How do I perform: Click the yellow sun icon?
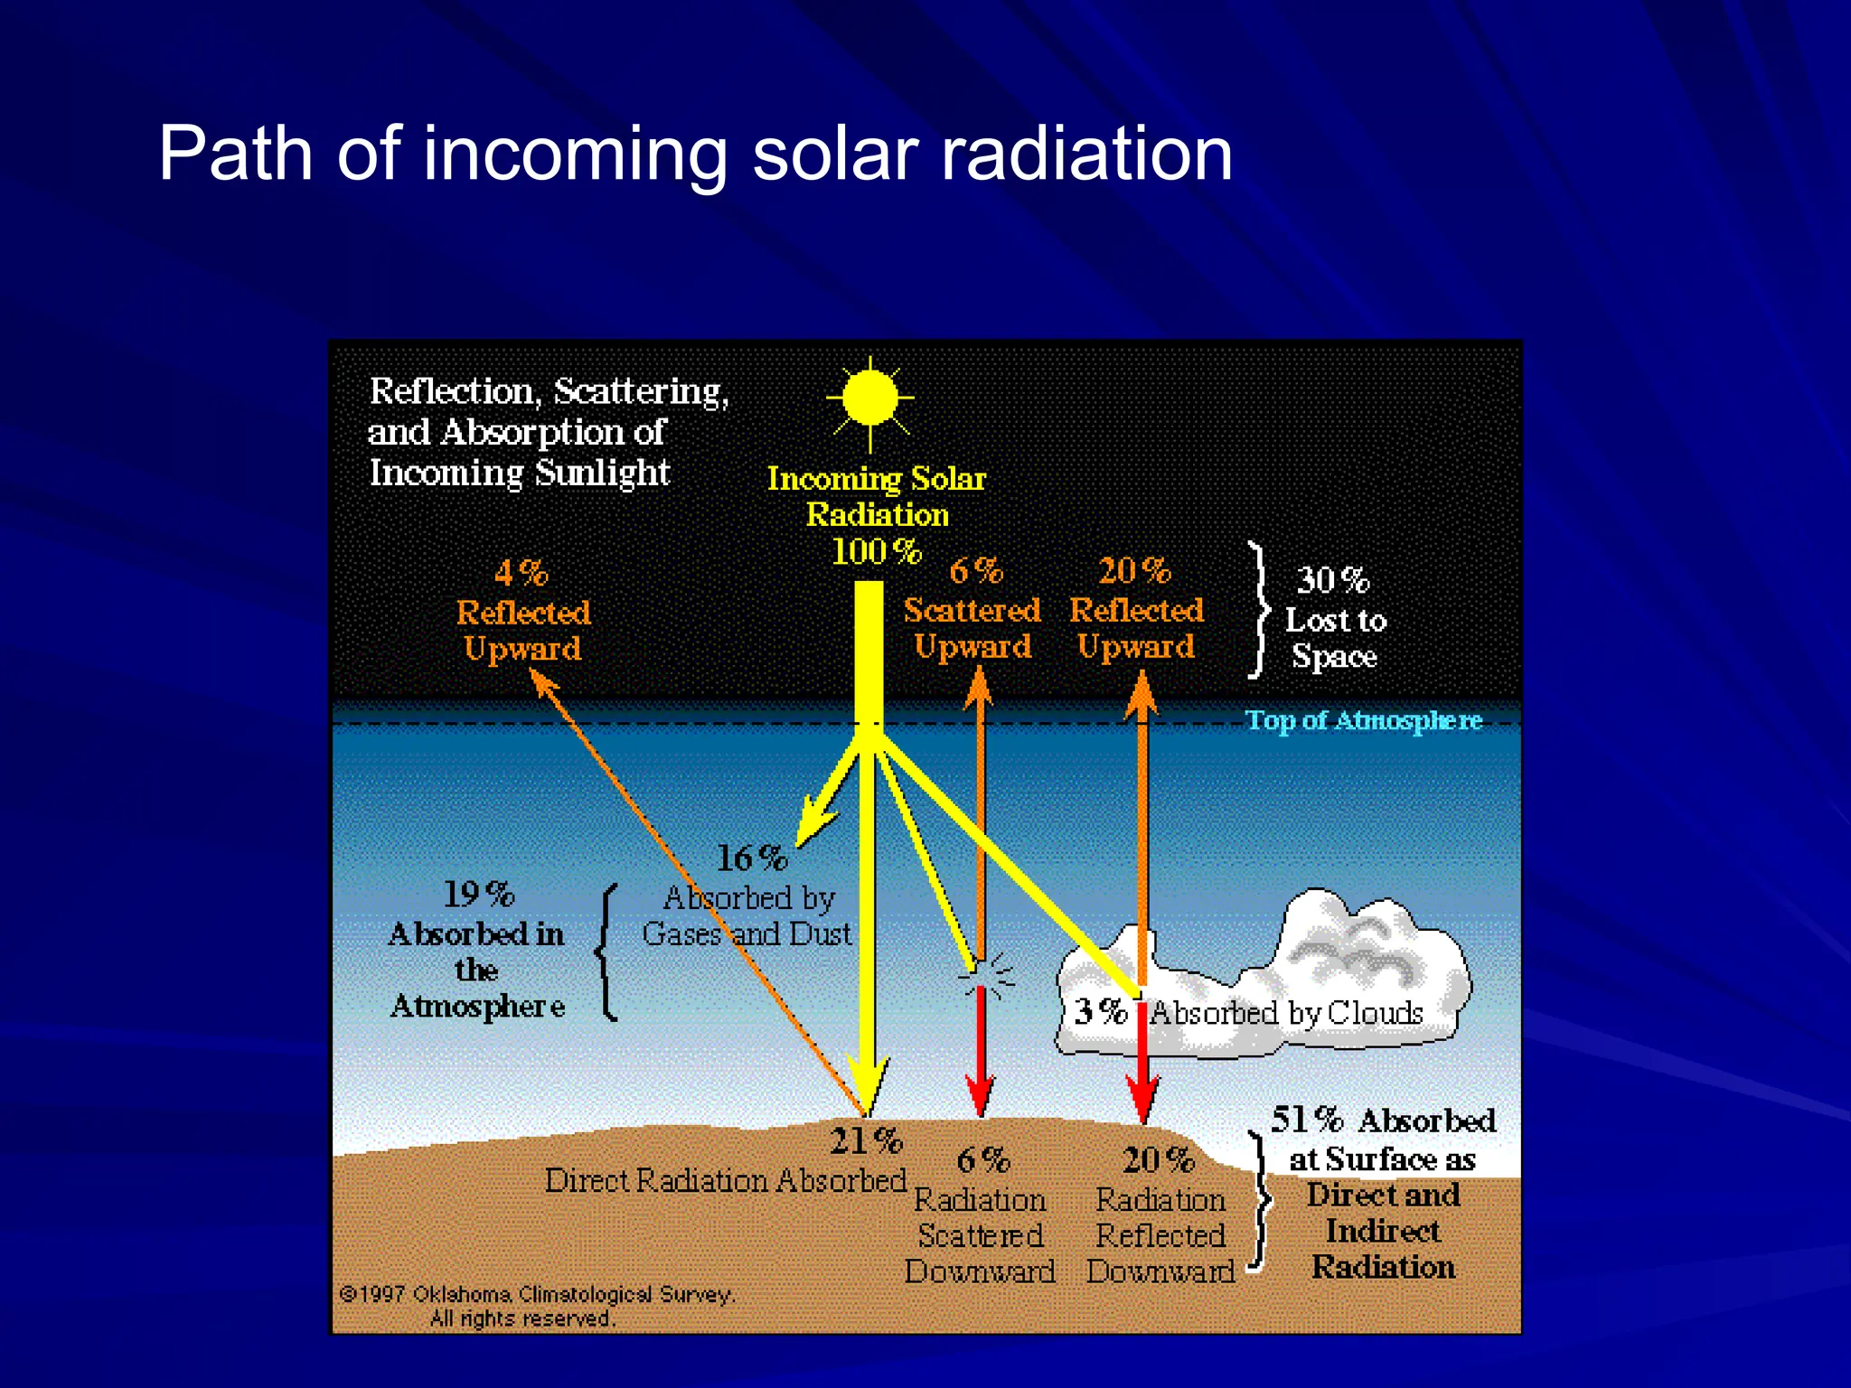coord(869,398)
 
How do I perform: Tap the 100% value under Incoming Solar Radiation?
coord(875,551)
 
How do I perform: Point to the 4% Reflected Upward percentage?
coord(521,573)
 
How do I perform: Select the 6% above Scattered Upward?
coord(976,570)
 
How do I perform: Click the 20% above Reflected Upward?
coord(1134,570)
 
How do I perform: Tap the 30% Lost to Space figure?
coord(1332,580)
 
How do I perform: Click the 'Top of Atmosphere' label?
coord(1363,720)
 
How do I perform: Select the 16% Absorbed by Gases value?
coord(751,858)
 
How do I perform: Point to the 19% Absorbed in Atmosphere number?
coord(478,895)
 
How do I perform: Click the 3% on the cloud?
coord(1100,1011)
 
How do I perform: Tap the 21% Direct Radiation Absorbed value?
coord(866,1141)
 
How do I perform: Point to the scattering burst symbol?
coord(987,976)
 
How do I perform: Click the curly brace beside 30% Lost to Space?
coord(1259,610)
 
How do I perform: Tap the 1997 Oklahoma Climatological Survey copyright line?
coord(538,1295)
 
